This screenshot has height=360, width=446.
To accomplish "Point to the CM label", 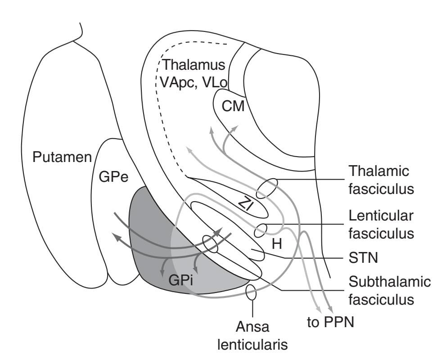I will [233, 107].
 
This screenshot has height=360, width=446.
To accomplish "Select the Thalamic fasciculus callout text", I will [381, 180].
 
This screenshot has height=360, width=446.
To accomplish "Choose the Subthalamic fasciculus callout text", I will [390, 290].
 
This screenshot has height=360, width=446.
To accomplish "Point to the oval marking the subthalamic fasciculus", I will [210, 243].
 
